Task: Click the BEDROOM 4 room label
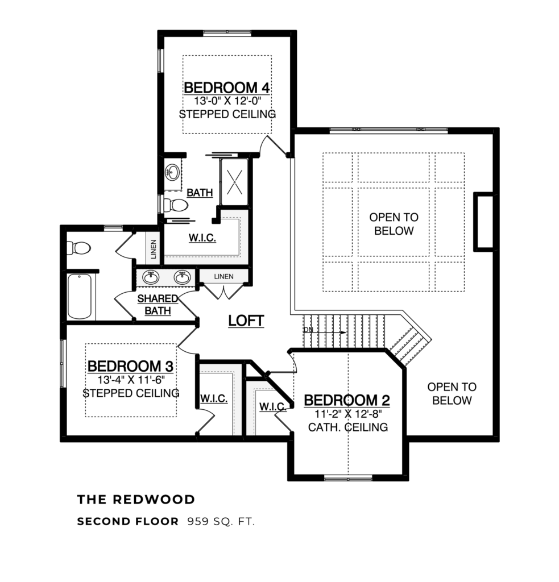(x=226, y=88)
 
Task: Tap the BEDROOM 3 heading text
(x=130, y=365)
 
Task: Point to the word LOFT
(x=246, y=321)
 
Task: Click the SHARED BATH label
(x=156, y=305)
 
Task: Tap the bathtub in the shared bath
(x=80, y=296)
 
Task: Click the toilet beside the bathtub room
(x=78, y=248)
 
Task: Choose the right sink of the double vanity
(x=182, y=278)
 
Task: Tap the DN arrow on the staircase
(x=324, y=330)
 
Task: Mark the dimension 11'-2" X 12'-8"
(x=346, y=414)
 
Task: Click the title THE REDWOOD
(x=136, y=500)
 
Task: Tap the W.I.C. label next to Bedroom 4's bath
(x=202, y=238)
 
